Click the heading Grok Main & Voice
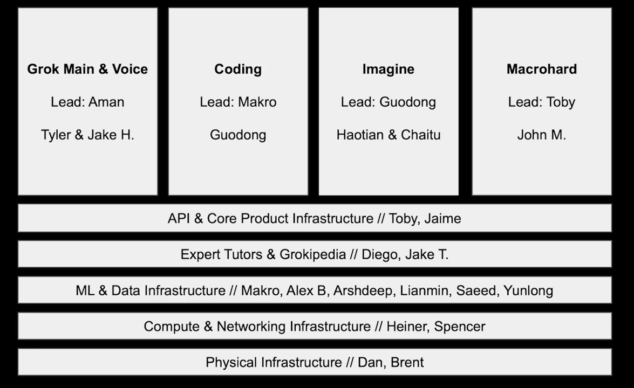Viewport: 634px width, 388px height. pyautogui.click(x=87, y=69)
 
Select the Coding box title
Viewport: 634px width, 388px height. pyautogui.click(x=238, y=69)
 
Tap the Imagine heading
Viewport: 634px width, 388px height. pyautogui.click(x=388, y=69)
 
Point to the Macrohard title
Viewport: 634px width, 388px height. pyautogui.click(x=542, y=69)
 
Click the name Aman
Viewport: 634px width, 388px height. pyautogui.click(x=106, y=102)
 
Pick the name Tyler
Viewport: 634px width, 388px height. pyautogui.click(x=55, y=135)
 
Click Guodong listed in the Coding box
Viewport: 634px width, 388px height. pyautogui.click(x=238, y=135)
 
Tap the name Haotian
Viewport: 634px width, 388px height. pyautogui.click(x=360, y=135)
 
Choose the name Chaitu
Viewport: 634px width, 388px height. pyautogui.click(x=420, y=135)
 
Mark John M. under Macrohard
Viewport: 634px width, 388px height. pyautogui.click(x=542, y=135)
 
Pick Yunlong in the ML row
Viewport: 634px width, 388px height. pyautogui.click(x=528, y=290)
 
